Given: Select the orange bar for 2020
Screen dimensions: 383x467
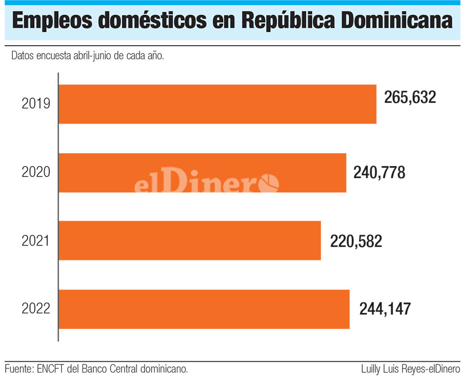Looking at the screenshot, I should (x=202, y=172).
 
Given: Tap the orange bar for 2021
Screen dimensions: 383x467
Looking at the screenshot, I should (x=189, y=240).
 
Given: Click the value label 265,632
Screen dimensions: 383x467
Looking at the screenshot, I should (x=410, y=97).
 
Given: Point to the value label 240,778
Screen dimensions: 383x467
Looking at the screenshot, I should (x=379, y=172).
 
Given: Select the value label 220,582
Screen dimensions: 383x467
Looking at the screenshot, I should (x=356, y=241).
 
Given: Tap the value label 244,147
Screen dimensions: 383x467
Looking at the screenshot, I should (x=385, y=309).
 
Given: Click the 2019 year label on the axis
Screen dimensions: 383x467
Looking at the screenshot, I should (x=36, y=104).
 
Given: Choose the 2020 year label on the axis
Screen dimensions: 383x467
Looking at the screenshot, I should (x=36, y=172).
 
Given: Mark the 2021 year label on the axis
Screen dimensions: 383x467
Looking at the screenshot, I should (x=36, y=241).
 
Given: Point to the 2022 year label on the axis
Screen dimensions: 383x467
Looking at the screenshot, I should (x=36, y=309).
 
